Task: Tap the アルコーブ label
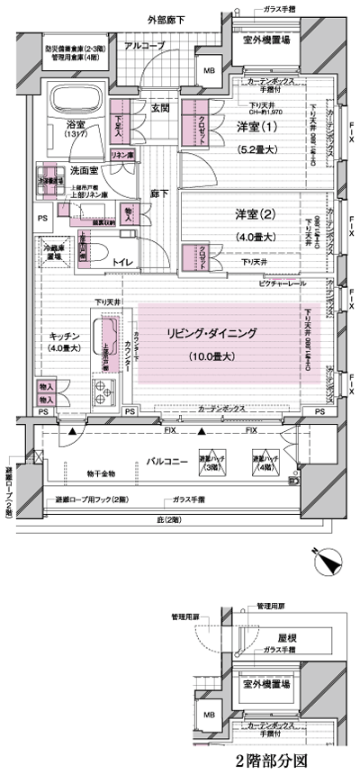pyautogui.click(x=143, y=45)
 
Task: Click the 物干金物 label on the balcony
pyautogui.click(x=103, y=472)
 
